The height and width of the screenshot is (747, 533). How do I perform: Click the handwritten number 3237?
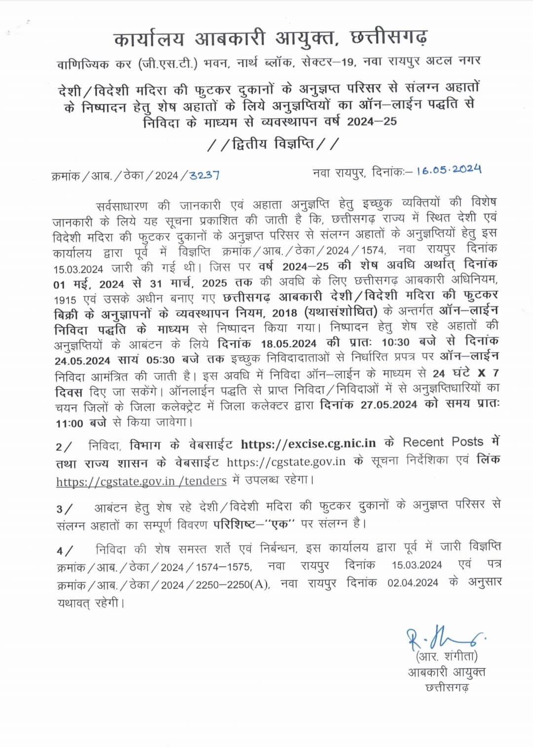(204, 175)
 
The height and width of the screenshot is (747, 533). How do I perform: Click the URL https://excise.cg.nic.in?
(308, 444)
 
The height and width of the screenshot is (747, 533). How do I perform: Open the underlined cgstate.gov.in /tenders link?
(141, 481)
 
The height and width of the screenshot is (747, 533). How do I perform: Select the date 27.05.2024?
(389, 405)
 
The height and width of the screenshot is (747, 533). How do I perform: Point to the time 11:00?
(70, 423)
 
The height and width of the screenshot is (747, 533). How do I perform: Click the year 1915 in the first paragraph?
(66, 300)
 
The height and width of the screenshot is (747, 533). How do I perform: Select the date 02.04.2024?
(413, 583)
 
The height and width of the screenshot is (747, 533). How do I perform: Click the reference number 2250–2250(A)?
(232, 585)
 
